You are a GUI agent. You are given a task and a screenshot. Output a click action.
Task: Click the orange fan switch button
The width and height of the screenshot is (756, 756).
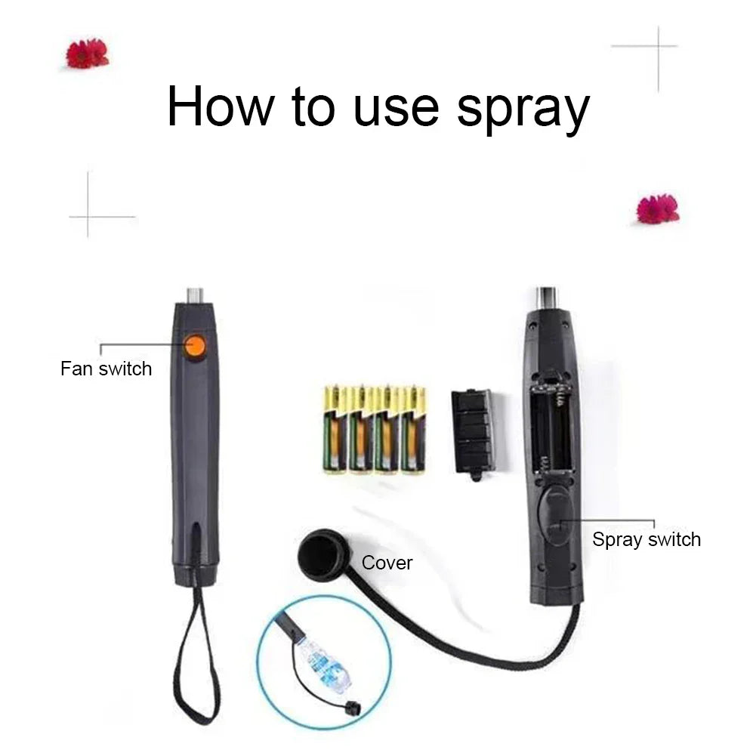click(195, 347)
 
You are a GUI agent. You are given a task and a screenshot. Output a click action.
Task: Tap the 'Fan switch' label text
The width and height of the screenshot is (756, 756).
click(106, 369)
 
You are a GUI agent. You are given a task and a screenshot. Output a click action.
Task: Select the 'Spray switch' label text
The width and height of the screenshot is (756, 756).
click(646, 540)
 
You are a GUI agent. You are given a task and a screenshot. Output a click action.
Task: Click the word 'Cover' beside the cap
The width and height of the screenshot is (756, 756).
click(387, 563)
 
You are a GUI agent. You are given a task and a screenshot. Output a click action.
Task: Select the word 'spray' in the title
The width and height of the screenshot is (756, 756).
click(522, 108)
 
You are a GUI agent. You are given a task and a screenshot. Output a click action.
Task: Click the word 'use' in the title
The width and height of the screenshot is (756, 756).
click(395, 107)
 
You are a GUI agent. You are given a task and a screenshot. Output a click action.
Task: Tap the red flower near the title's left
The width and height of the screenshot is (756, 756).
click(87, 54)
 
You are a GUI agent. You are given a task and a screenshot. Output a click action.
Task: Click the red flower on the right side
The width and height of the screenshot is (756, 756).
click(657, 209)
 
